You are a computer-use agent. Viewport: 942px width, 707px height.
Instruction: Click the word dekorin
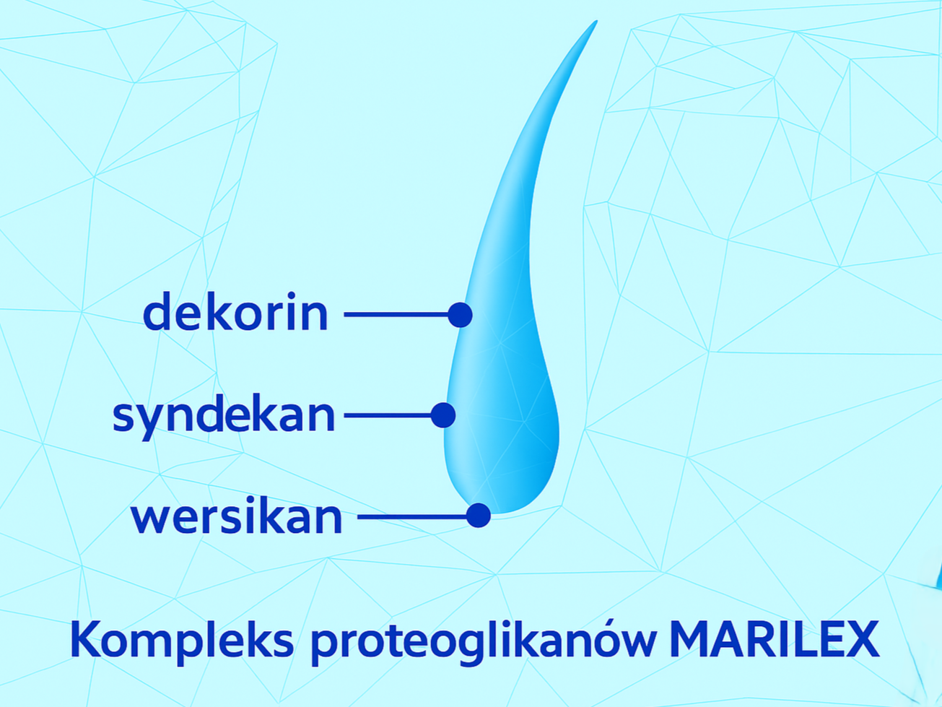click(x=235, y=311)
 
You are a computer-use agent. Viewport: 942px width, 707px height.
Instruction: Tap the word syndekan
click(x=224, y=416)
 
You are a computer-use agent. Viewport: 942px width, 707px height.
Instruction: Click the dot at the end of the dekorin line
click(x=460, y=315)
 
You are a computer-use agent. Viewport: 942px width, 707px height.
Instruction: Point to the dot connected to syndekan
click(x=443, y=415)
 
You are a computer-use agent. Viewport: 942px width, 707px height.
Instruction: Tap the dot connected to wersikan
click(x=479, y=515)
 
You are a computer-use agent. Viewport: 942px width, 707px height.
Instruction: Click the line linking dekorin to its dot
click(x=396, y=315)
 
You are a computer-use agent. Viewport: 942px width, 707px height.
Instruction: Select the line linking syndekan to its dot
click(x=388, y=415)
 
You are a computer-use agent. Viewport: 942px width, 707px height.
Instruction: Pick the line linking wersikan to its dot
click(x=412, y=516)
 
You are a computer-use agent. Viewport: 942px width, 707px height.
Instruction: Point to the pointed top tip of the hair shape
click(x=596, y=21)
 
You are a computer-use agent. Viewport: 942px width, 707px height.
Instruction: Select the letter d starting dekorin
click(x=157, y=311)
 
